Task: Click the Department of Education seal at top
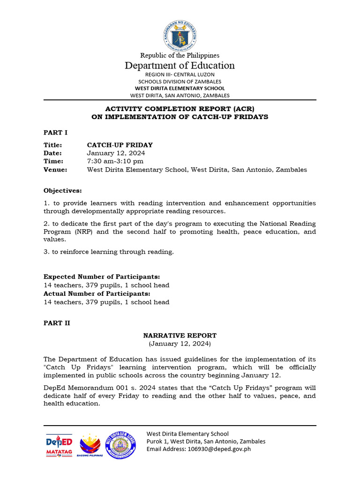pos(180,36)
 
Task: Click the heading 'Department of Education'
pos(180,66)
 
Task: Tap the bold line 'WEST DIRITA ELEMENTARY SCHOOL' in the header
pos(180,88)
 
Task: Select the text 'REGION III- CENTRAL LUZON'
pos(180,75)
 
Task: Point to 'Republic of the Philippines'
pos(180,55)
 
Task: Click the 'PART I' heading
pos(56,133)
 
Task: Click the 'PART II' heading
pos(57,323)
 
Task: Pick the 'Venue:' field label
pos(55,170)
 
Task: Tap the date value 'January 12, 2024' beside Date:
pos(116,153)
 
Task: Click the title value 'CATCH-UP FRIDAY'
pos(120,145)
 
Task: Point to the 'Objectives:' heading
pos(62,191)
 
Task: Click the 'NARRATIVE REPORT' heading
pos(180,336)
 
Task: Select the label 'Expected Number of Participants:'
pos(102,277)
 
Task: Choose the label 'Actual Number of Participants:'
pos(97,293)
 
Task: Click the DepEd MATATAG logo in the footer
pos(59,446)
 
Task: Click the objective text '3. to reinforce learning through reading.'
pos(109,252)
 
